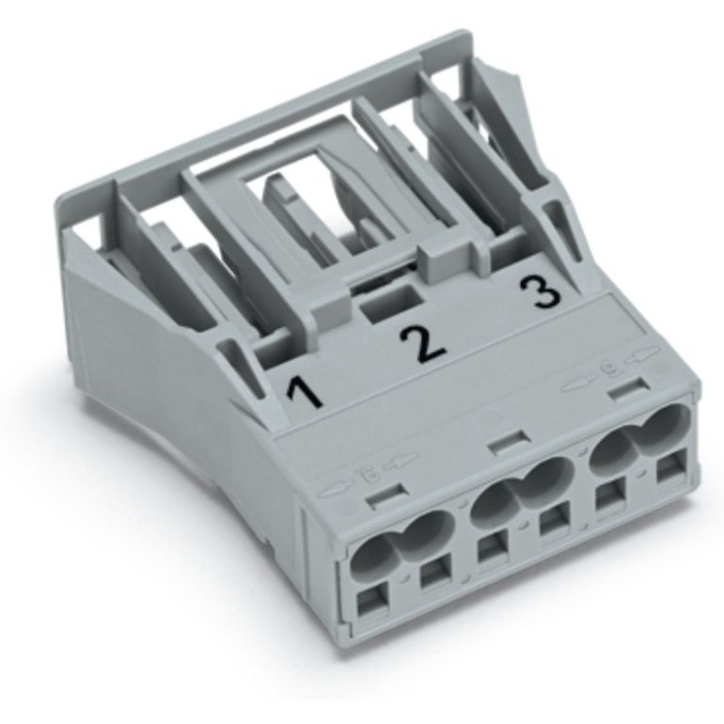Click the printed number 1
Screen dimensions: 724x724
coord(305,393)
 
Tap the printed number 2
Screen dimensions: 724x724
coord(422,343)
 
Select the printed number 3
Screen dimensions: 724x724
coord(541,292)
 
